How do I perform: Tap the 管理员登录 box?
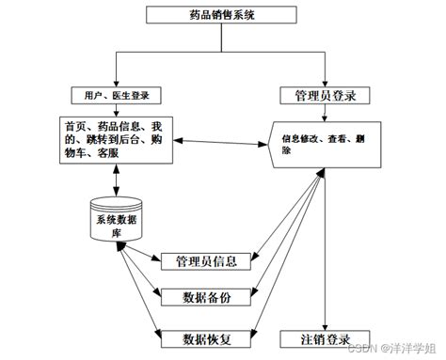tap(324, 95)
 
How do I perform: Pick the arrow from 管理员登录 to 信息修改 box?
tap(325, 112)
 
